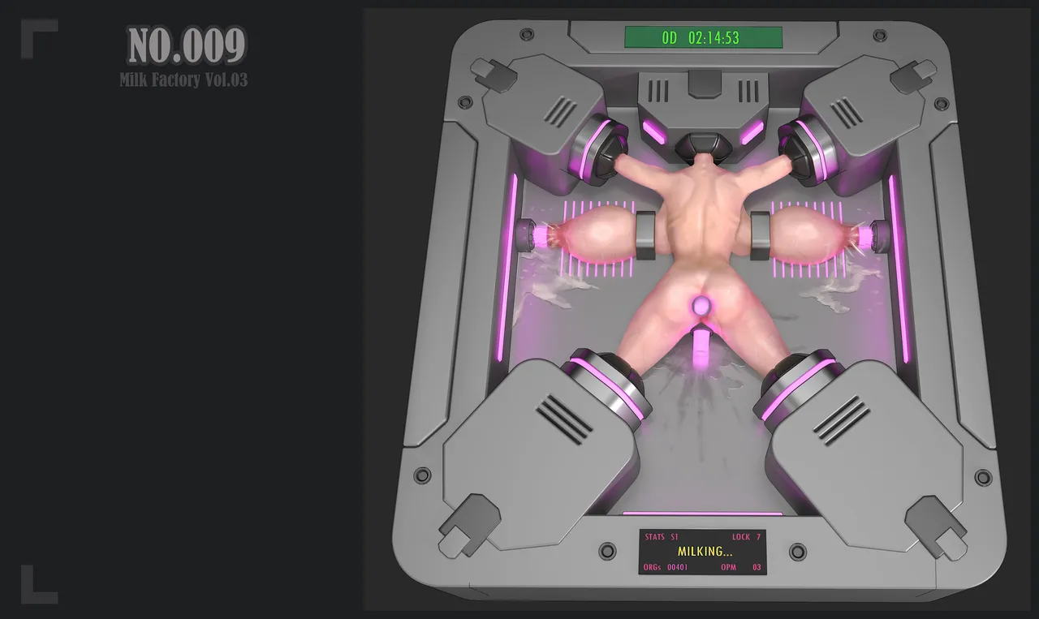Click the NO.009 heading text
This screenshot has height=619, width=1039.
187,45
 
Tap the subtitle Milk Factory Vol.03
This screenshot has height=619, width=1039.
183,80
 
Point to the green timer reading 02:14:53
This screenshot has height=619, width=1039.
714,37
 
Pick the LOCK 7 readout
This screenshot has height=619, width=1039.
746,537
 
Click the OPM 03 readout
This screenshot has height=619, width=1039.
741,567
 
